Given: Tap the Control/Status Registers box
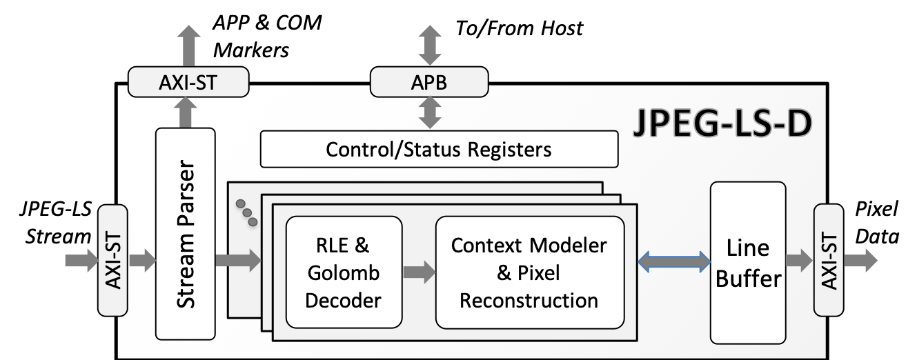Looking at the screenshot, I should point(439,150).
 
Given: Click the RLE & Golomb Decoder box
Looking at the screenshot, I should point(343,272).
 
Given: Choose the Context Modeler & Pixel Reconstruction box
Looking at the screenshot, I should point(529,272).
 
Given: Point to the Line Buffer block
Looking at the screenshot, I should point(748,263).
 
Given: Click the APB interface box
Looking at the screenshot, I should point(429,83).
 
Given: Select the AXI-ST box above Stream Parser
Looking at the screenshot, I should point(188,83).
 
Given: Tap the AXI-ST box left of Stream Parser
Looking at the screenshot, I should point(113,260).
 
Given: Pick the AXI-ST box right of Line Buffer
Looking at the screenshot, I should point(828,260).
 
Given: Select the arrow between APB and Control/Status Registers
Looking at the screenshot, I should point(429,112).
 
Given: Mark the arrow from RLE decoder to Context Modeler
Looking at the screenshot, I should point(419,272).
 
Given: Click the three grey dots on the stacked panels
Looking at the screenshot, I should point(246,213).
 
